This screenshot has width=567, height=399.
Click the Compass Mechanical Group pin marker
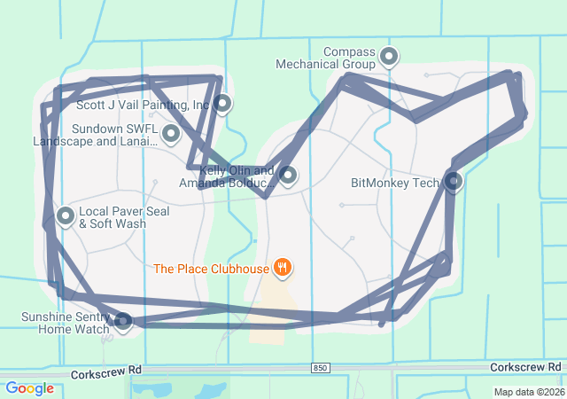click(x=389, y=58)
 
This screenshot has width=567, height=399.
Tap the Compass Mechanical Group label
click(x=337, y=59)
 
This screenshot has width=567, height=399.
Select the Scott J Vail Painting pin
click(x=223, y=104)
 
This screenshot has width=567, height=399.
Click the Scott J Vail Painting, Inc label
click(x=143, y=105)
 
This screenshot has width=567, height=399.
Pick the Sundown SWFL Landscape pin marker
click(x=171, y=134)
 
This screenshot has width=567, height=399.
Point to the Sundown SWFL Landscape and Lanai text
click(x=95, y=135)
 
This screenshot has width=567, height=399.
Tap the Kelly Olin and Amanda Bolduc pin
click(x=287, y=175)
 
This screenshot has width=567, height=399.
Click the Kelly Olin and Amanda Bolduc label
click(x=226, y=176)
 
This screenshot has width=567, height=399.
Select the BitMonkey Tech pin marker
click(x=453, y=182)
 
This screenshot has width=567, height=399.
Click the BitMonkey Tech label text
click(x=395, y=184)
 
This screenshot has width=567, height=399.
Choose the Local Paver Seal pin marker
click(x=66, y=215)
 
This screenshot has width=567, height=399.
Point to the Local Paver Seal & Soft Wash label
click(x=113, y=218)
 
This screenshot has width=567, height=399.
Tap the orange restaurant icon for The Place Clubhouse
click(x=283, y=267)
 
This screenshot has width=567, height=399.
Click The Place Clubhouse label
click(x=211, y=268)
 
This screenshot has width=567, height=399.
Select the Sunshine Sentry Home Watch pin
click(x=123, y=320)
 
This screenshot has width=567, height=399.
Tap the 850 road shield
click(x=321, y=367)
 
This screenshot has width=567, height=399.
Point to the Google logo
click(x=29, y=387)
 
